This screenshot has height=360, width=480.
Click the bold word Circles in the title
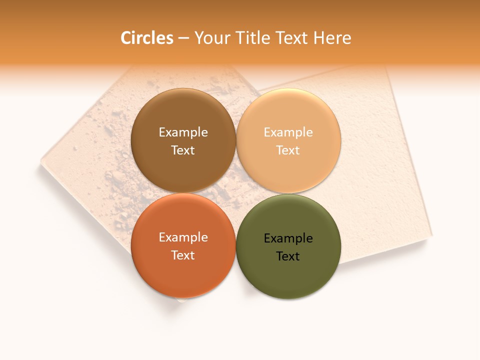pos(146,38)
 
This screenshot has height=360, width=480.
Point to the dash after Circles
pos(183,38)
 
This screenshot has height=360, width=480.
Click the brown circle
pos(183,165)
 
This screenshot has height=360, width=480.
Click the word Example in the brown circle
pos(183,132)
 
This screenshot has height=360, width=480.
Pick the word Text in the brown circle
pos(183,150)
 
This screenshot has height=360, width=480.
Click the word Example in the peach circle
pos(288,132)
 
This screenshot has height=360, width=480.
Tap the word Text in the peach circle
pos(288,150)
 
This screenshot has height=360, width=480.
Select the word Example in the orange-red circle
pos(183,237)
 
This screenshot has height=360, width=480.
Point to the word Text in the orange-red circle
pos(183,255)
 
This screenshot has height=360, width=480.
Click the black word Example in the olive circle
pos(288,238)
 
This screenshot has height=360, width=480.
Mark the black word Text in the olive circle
pos(288,256)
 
